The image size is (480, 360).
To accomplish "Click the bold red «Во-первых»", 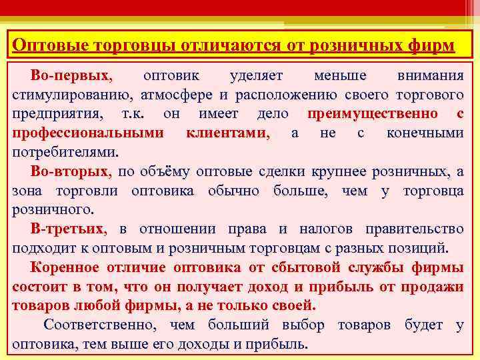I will [x=72, y=75].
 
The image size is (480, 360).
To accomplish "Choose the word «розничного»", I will [x=49, y=210].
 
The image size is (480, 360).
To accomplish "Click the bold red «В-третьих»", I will [x=68, y=229].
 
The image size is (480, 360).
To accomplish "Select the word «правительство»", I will [x=415, y=229].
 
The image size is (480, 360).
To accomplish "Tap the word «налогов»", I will [x=325, y=229].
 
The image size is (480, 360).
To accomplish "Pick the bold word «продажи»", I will [x=437, y=287].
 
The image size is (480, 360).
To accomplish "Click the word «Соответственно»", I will [x=101, y=326].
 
